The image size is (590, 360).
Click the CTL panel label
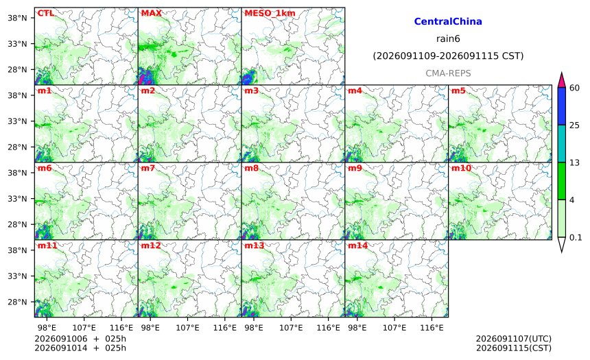[x=45, y=13]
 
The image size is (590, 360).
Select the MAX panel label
[x=151, y=13]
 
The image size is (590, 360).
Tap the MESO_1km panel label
[x=270, y=14]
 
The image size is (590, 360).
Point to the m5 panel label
[x=458, y=91]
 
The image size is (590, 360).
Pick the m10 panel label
[x=461, y=168]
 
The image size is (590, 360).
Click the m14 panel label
[x=357, y=245]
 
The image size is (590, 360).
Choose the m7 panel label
[x=148, y=168]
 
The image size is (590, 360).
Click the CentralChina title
[x=448, y=21]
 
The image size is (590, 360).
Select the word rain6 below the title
[x=448, y=39]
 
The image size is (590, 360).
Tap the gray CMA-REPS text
[x=448, y=73]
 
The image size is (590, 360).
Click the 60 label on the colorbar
[x=575, y=88]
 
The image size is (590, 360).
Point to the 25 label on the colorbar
[x=575, y=125]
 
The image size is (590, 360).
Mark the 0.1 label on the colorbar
[x=576, y=237]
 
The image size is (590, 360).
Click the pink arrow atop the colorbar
[x=561, y=80]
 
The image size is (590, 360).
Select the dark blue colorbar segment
[x=561, y=106]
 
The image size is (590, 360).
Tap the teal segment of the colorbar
[x=561, y=144]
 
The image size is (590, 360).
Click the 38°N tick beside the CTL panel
[x=17, y=18]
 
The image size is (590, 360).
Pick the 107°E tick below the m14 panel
[x=394, y=328]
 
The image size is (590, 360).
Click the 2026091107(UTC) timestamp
[x=514, y=339]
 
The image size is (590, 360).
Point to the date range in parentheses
[x=448, y=56]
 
